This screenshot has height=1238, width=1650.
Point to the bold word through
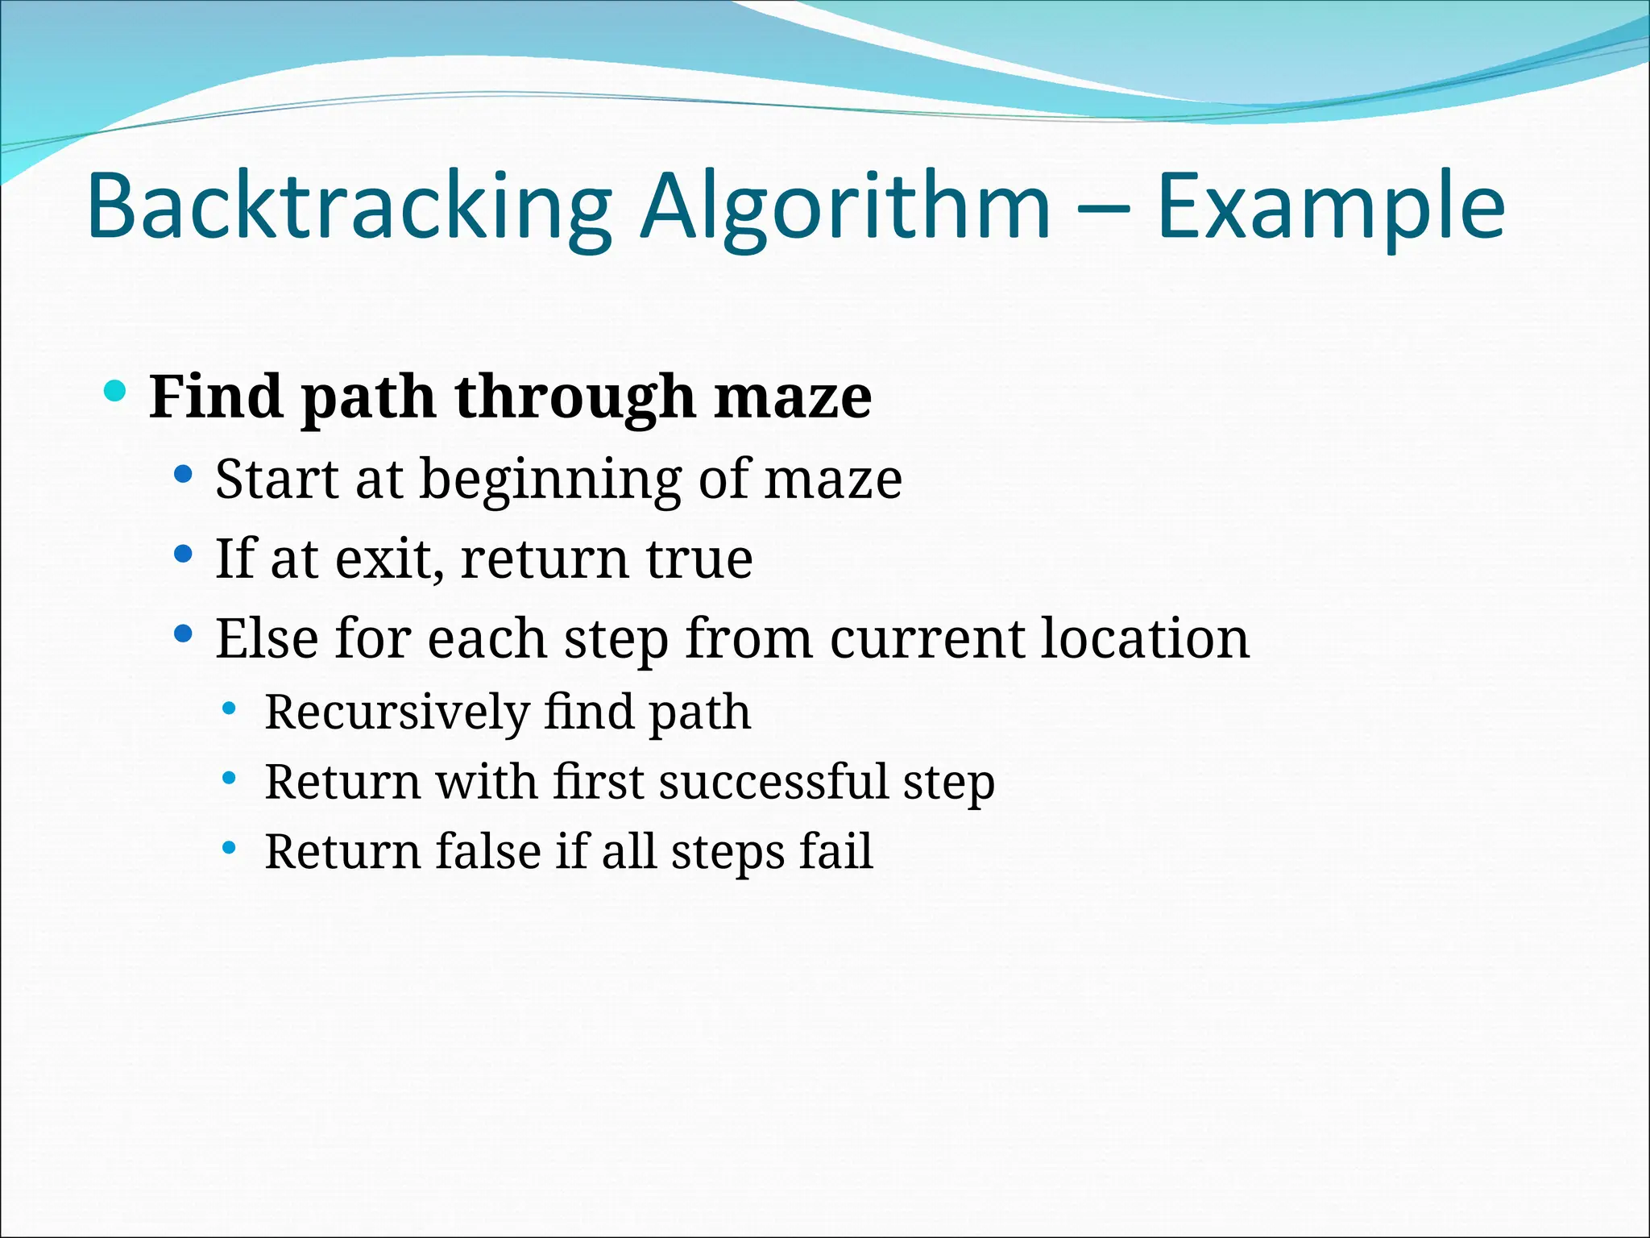tap(574, 397)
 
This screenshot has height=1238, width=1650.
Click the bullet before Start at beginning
tap(184, 474)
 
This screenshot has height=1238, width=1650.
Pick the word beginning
tap(550, 480)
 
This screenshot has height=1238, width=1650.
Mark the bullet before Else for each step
tap(184, 634)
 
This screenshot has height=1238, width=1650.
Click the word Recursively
tap(396, 712)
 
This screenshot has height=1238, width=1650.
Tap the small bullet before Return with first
tap(230, 779)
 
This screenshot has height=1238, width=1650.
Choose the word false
tap(487, 852)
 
